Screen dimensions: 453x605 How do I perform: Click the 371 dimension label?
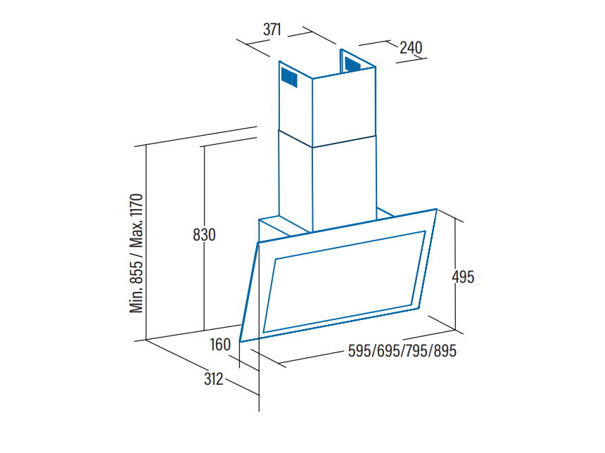pyautogui.click(x=272, y=30)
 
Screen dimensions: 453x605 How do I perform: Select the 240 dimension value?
pyautogui.click(x=411, y=48)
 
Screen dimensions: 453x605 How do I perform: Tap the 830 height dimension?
pyautogui.click(x=204, y=235)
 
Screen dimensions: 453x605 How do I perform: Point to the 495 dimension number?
pyautogui.click(x=463, y=276)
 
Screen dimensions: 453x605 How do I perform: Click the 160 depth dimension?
pyautogui.click(x=220, y=345)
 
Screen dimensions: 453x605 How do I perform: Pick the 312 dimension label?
pyautogui.click(x=213, y=379)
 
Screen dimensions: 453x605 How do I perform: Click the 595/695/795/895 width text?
pyautogui.click(x=402, y=351)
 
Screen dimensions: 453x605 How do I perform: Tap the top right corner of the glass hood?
pyautogui.click(x=436, y=209)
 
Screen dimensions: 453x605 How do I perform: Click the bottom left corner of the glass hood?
pyautogui.click(x=241, y=341)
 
